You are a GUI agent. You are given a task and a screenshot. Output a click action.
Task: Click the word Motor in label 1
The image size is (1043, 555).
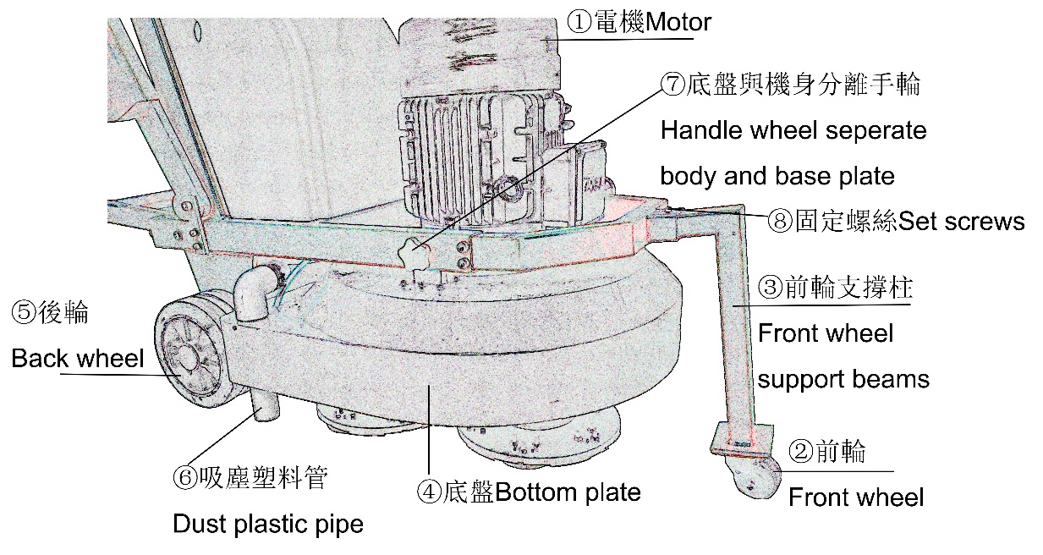tap(678, 21)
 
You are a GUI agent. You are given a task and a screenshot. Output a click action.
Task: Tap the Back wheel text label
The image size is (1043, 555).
tap(78, 359)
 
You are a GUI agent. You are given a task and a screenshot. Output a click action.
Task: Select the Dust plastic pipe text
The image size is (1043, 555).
tap(268, 524)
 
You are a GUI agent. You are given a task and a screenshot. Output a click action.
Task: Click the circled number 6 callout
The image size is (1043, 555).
tap(185, 479)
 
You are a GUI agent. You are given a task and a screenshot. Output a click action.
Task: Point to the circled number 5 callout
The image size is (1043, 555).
tap(22, 312)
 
